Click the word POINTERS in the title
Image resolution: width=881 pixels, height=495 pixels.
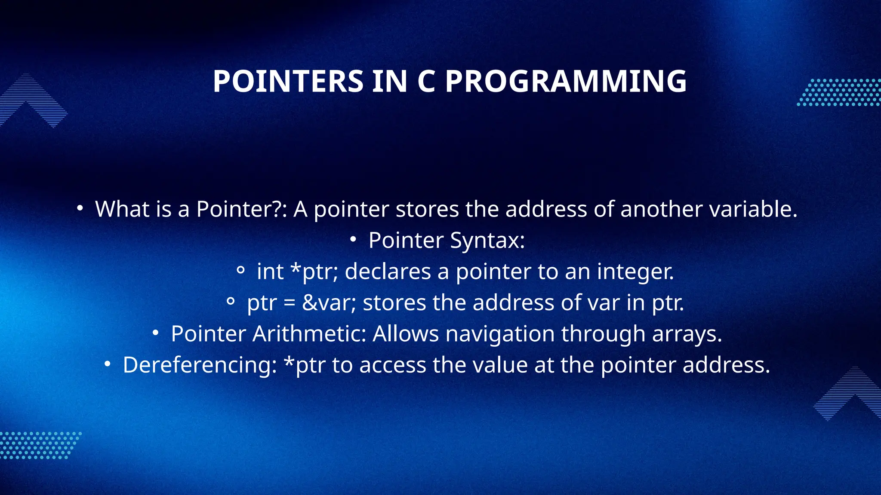pyautogui.click(x=288, y=81)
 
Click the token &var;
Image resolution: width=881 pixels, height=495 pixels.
pyautogui.click(x=329, y=303)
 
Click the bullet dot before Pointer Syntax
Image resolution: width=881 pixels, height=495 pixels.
pyautogui.click(x=353, y=240)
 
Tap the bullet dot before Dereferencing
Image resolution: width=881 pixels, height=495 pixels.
pyautogui.click(x=108, y=365)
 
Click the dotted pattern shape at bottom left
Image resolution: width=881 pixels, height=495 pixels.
pyautogui.click(x=39, y=446)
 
